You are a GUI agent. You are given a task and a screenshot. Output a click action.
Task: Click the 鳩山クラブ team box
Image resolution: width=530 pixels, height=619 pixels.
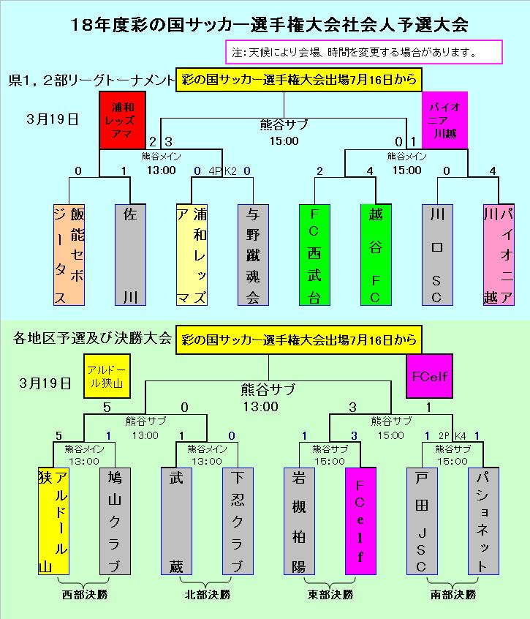pos(114,522)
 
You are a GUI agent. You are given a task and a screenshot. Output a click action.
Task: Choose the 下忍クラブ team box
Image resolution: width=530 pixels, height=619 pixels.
pos(238,522)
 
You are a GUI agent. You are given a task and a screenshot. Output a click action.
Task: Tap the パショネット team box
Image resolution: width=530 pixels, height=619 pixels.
pos(483,522)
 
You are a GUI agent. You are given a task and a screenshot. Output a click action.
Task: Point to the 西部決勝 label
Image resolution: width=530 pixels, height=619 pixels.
pos(84,595)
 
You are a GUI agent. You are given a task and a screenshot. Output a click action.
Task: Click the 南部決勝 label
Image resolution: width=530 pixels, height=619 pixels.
pos(453,595)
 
